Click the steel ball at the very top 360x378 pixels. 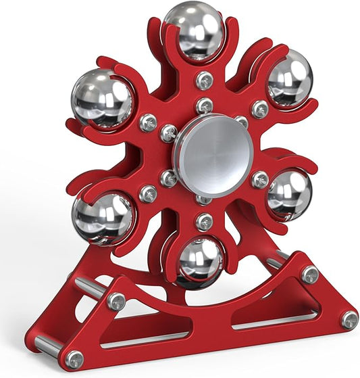(x=193, y=30)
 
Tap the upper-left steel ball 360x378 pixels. (x=102, y=99)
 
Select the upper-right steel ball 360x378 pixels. (x=289, y=78)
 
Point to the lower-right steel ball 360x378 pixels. (x=288, y=195)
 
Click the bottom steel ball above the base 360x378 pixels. (x=200, y=260)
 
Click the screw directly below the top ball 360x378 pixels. (x=205, y=80)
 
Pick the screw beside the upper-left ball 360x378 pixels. (x=148, y=122)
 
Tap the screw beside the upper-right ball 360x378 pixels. (x=260, y=108)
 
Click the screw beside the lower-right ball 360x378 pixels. (x=260, y=179)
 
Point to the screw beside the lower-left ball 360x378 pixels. (x=148, y=194)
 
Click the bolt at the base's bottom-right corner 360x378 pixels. (x=349, y=319)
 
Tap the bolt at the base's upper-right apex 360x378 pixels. (x=310, y=274)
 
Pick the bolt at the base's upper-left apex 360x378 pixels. (x=116, y=302)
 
